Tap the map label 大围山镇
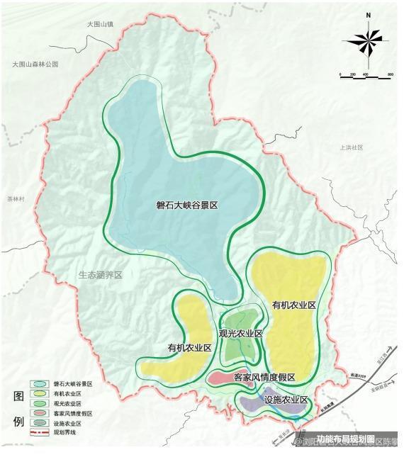[x=101, y=24]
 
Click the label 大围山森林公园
[x=35, y=64]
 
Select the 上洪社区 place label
[x=351, y=147]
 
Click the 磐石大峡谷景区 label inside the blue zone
[x=186, y=205]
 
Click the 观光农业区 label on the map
[x=240, y=333]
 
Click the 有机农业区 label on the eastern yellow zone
[x=293, y=304]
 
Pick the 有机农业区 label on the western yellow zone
[x=189, y=348]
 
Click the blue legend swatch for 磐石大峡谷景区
[x=40, y=383]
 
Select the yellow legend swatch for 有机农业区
[x=40, y=393]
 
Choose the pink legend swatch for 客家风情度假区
[x=40, y=412]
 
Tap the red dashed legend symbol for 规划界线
[x=40, y=432]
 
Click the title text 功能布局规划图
[x=345, y=438]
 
